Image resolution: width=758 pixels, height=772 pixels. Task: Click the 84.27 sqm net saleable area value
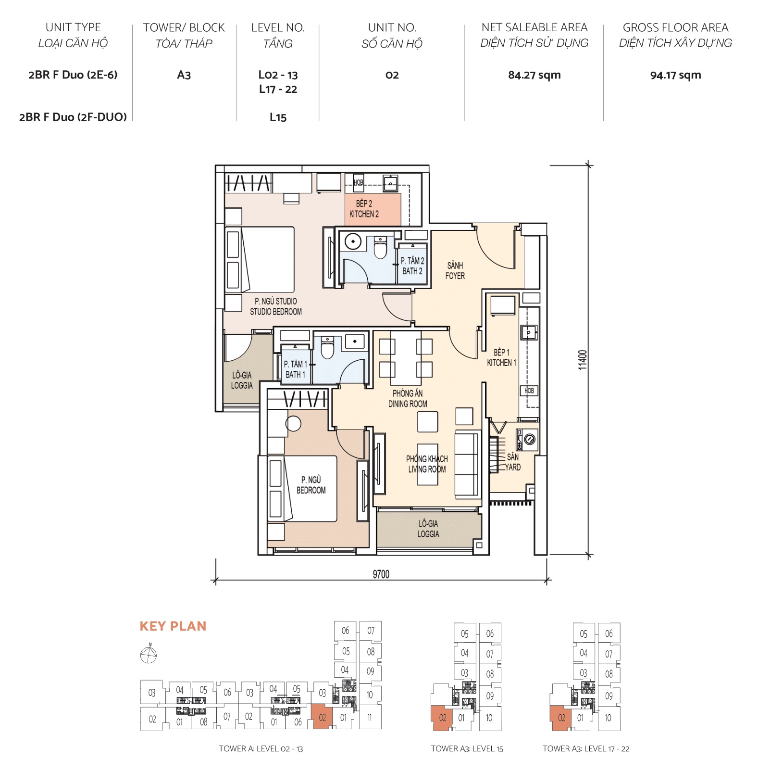coord(534,75)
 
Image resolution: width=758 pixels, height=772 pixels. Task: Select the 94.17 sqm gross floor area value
coord(675,75)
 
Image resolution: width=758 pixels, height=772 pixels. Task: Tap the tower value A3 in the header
coord(184,75)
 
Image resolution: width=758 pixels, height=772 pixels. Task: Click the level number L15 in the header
coord(278,117)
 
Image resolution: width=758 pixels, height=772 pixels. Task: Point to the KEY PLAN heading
coord(173,626)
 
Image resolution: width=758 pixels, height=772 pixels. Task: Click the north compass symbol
coord(149,655)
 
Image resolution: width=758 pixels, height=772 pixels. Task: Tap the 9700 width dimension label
coord(381,574)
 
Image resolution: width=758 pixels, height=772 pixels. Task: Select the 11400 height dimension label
coord(583,360)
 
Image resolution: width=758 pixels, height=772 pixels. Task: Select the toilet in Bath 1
coord(327,349)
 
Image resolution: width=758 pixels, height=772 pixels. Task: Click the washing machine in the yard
coord(529,439)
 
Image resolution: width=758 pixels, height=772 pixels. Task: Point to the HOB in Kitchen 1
coord(529,391)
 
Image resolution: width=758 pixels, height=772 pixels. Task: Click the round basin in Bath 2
coord(353,241)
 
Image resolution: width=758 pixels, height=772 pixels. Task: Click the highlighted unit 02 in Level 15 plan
coord(442,718)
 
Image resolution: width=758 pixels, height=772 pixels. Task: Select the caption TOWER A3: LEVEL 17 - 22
coord(585,748)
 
